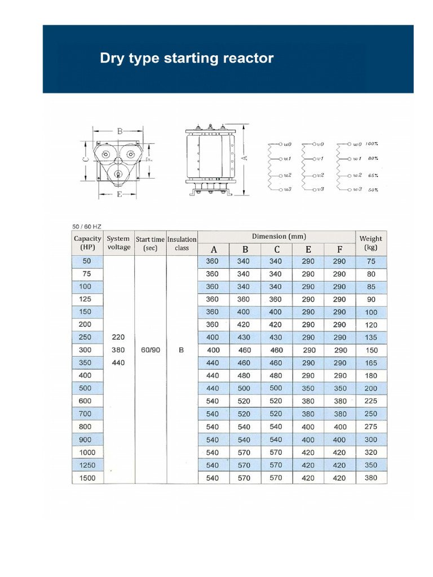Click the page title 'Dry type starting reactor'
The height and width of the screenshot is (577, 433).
tap(187, 58)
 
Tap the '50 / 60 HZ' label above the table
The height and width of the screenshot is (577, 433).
tap(87, 227)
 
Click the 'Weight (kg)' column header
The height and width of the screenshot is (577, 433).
tap(370, 243)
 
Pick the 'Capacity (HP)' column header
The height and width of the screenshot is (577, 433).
tap(87, 243)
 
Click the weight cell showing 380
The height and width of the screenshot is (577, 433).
tap(370, 478)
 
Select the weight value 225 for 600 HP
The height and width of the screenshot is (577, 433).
tap(370, 401)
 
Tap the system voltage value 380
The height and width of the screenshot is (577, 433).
tap(118, 350)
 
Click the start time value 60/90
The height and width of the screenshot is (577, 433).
tap(150, 350)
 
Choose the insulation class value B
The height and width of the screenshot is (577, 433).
tap(182, 350)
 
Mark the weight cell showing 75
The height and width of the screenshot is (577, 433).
tap(370, 261)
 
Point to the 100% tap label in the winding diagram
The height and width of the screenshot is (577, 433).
tap(371, 144)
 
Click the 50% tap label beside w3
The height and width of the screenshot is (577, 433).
tap(373, 190)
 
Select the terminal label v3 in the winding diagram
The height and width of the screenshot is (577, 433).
tap(320, 189)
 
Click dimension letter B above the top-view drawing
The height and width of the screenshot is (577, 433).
tap(120, 131)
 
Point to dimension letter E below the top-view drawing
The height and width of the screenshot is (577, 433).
tap(120, 194)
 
